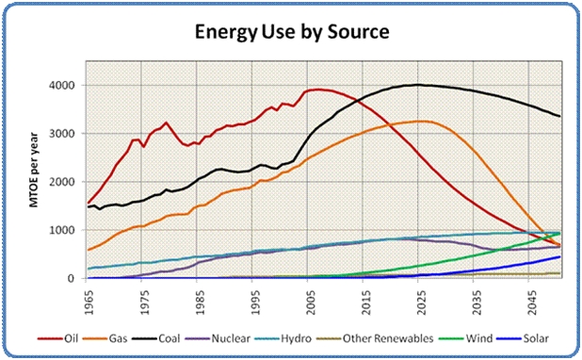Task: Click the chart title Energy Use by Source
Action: tap(292, 32)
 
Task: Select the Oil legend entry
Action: tap(58, 338)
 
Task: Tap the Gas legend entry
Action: tap(105, 338)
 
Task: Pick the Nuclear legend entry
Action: tap(218, 338)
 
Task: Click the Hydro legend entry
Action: tap(283, 338)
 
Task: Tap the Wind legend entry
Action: tap(466, 338)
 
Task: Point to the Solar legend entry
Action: tap(523, 338)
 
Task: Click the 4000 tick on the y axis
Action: tap(61, 86)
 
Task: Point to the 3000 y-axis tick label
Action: tap(61, 134)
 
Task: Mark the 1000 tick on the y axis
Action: tap(61, 230)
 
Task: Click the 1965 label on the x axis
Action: tap(89, 302)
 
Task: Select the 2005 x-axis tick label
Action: tap(311, 302)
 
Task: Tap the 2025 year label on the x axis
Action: tap(422, 302)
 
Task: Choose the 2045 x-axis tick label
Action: tap(532, 302)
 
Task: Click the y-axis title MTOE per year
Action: tap(34, 170)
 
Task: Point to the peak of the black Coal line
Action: tap(417, 85)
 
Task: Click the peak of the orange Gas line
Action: tap(421, 121)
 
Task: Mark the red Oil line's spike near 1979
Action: tap(166, 123)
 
